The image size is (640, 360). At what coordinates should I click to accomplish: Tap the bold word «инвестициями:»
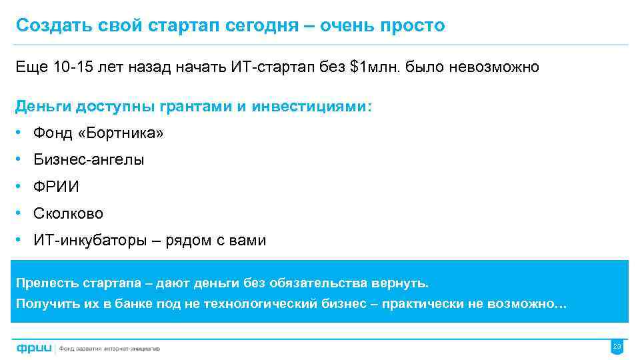point(313,107)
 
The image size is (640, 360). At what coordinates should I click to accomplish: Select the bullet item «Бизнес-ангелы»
point(89,160)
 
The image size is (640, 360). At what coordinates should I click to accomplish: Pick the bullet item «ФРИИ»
point(56,187)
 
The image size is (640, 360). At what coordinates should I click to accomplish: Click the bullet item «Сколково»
point(68,214)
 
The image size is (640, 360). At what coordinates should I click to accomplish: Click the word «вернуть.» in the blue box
point(405,283)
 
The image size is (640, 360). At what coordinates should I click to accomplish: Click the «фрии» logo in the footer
point(34,347)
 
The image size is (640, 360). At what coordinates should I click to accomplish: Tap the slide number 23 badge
point(616,347)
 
